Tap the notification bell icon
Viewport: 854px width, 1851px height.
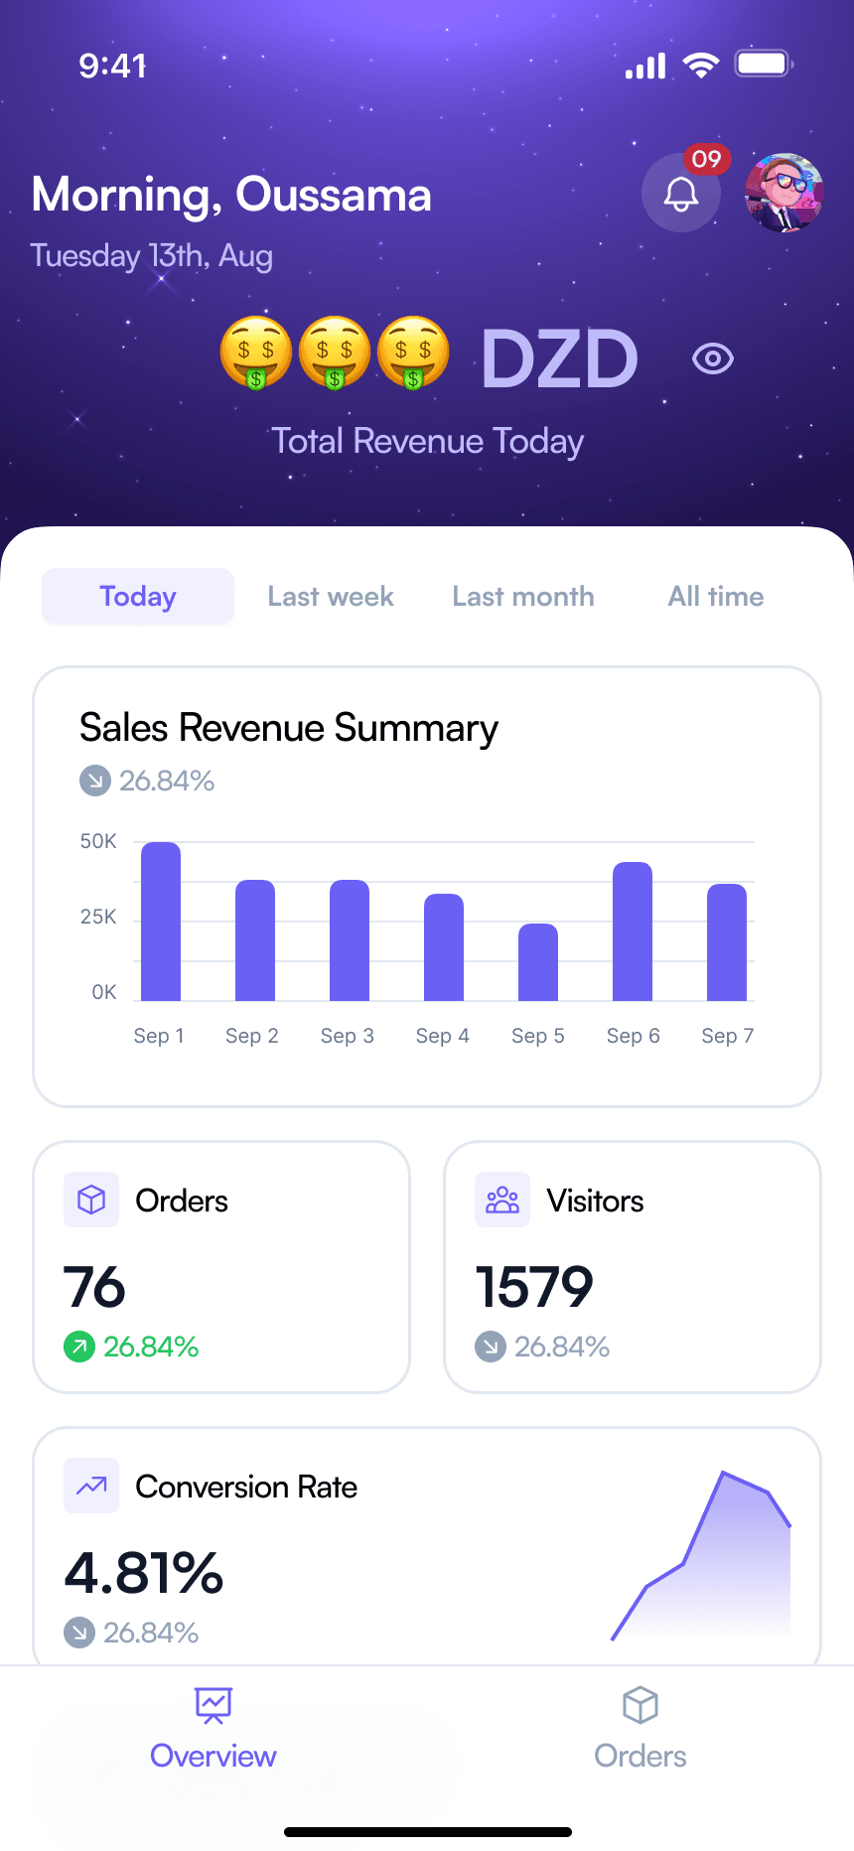tap(681, 194)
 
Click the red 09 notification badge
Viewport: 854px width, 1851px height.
tap(707, 159)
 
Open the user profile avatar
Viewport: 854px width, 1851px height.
tap(784, 193)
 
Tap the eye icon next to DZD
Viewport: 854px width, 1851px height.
tap(713, 358)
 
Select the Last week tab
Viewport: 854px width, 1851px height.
tap(331, 597)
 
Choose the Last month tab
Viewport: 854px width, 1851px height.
tap(523, 597)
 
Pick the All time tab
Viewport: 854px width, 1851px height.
tap(716, 597)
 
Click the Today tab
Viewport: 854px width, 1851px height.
tap(138, 597)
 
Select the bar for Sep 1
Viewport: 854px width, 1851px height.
tap(161, 922)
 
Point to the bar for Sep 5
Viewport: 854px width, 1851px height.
tap(538, 962)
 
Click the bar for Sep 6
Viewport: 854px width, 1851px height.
tap(633, 931)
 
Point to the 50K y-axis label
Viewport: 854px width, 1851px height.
tap(98, 842)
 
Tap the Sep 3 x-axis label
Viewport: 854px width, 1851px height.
tap(348, 1036)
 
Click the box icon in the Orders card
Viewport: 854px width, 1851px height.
tap(91, 1200)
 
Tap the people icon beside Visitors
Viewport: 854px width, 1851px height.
tap(502, 1200)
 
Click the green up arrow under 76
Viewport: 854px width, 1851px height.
tap(78, 1347)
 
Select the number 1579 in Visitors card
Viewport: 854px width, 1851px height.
tap(534, 1287)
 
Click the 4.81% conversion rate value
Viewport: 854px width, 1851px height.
tap(144, 1573)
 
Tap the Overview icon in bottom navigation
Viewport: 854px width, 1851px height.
tap(213, 1705)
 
